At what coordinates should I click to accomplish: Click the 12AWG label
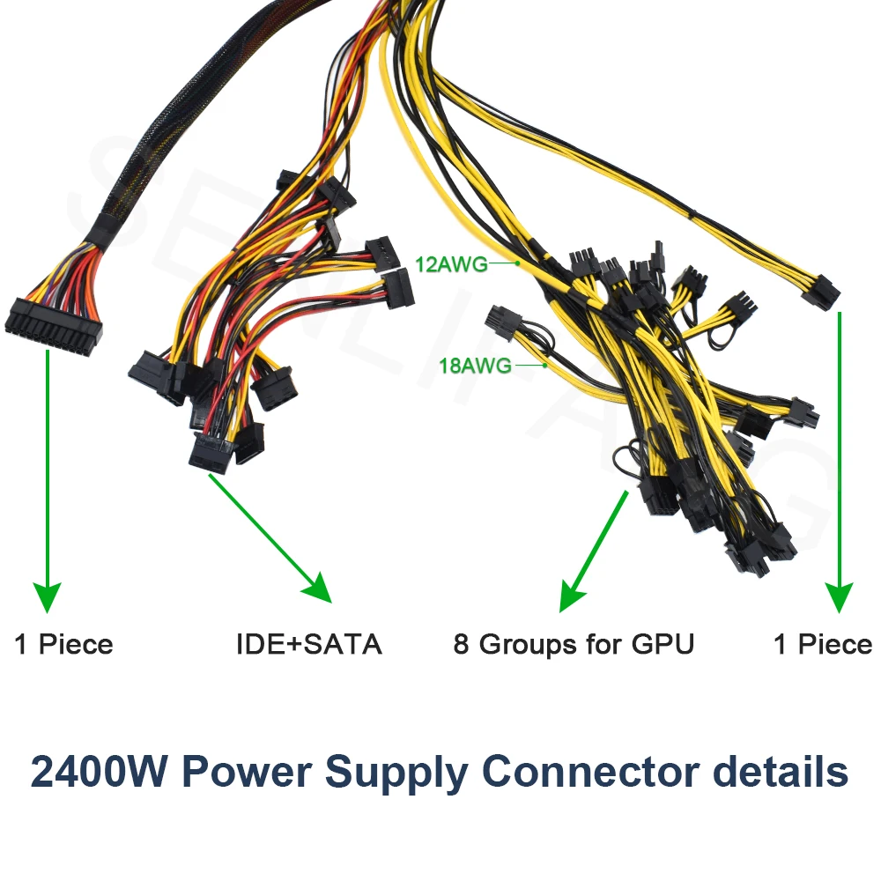[x=449, y=262]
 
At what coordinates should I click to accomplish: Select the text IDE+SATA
[x=308, y=644]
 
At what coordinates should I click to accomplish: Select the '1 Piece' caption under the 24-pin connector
[x=63, y=644]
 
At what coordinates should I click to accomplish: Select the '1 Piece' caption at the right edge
[x=823, y=644]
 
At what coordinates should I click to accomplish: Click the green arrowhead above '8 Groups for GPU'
[x=573, y=596]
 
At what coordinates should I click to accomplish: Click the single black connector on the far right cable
[x=819, y=292]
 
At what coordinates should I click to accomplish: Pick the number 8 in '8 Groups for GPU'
[x=462, y=644]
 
